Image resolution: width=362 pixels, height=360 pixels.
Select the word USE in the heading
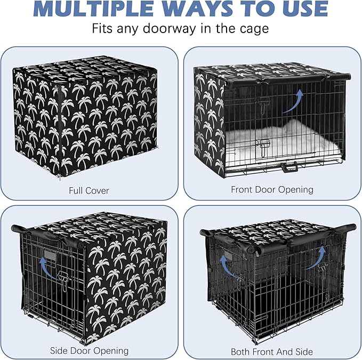pos(303,10)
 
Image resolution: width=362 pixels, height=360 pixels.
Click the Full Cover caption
pos(90,190)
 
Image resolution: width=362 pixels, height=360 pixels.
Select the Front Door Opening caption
pos(272,189)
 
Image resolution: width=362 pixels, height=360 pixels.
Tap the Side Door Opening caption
pos(89,350)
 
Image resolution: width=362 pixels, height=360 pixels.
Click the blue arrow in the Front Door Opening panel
pos(293,101)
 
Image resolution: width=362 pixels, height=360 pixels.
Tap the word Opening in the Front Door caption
pos(298,189)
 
